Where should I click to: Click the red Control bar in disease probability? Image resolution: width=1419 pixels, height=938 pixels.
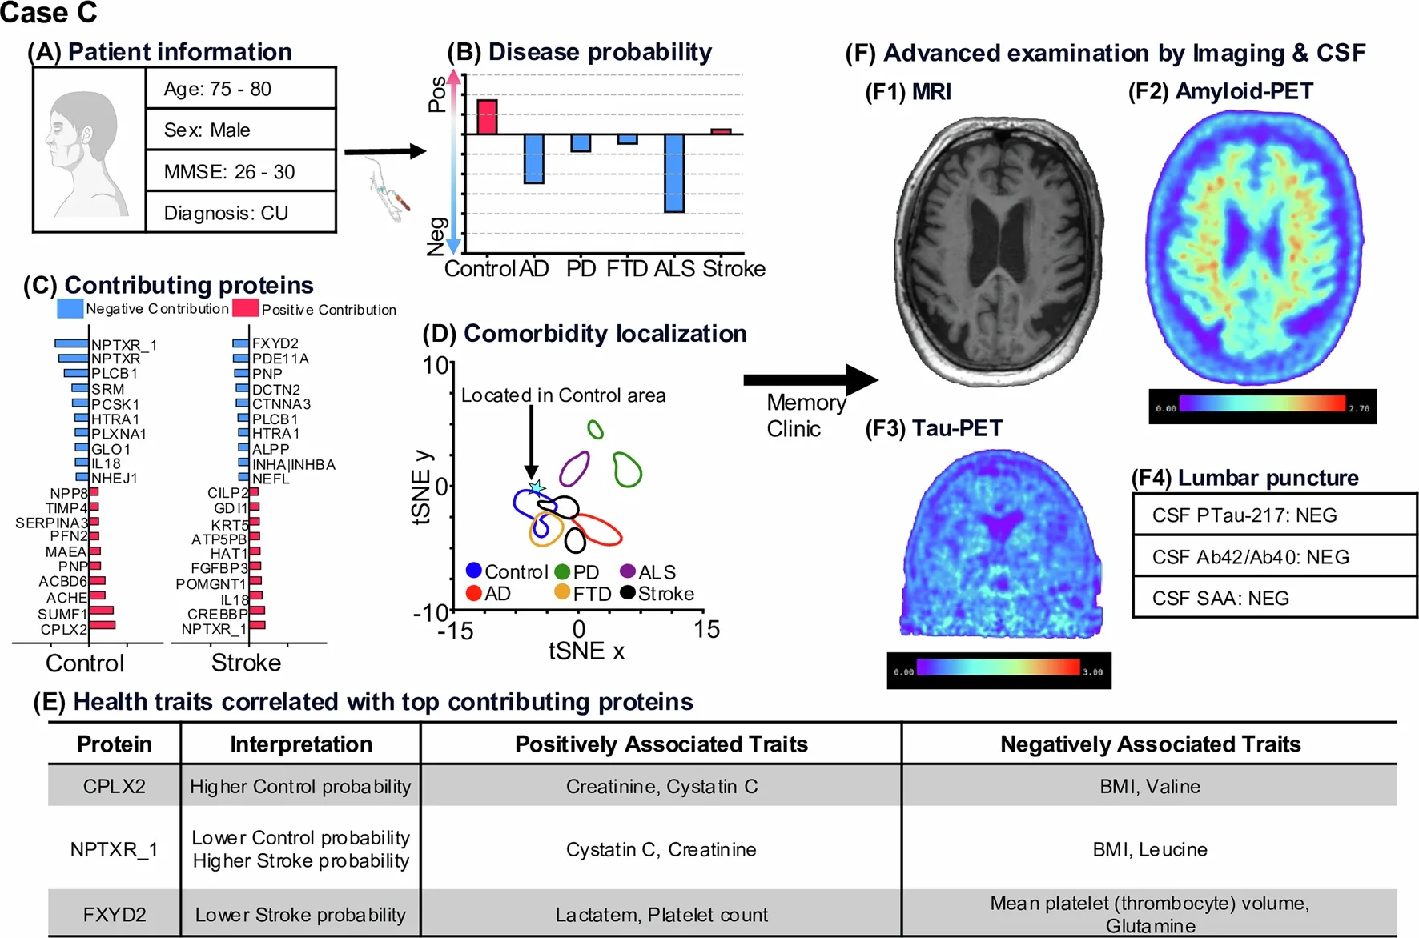click(487, 117)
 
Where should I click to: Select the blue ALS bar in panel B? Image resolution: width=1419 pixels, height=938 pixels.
click(674, 173)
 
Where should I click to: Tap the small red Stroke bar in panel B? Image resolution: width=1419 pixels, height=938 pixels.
click(721, 131)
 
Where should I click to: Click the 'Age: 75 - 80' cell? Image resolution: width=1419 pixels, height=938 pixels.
click(240, 89)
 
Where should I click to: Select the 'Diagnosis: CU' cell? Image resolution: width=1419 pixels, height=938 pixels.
click(240, 213)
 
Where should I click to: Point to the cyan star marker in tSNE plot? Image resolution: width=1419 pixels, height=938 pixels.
click(536, 487)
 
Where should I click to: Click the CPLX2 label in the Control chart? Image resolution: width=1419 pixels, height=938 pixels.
click(64, 629)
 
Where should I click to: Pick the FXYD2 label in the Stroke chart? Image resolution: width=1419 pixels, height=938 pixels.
click(275, 343)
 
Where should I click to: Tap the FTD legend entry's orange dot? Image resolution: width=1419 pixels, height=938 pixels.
click(562, 592)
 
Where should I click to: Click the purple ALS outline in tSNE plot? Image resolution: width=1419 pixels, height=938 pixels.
click(574, 469)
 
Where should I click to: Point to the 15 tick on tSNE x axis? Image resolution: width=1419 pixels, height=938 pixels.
click(706, 630)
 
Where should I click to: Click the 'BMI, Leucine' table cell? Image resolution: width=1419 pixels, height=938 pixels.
click(1149, 849)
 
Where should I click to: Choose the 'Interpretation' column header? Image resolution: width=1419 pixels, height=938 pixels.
click(301, 744)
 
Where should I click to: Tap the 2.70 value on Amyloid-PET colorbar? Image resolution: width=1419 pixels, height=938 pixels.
click(1358, 408)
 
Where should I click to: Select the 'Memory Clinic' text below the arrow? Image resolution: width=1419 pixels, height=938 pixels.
click(805, 415)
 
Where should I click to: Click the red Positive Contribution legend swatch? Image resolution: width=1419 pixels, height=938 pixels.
click(245, 309)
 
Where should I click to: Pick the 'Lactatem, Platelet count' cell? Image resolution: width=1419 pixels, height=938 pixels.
click(661, 915)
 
